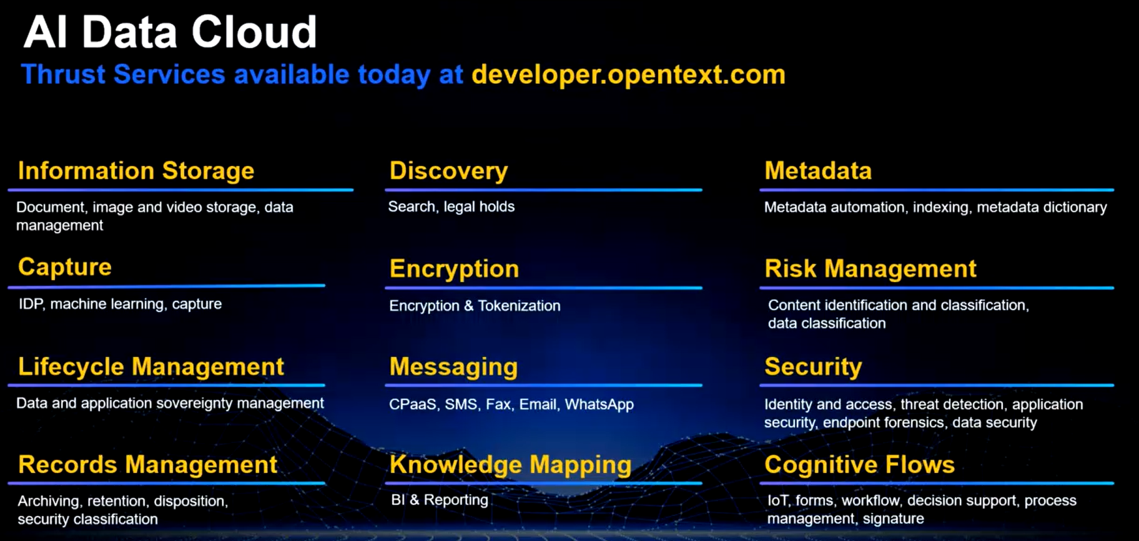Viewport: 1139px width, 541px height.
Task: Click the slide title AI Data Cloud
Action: point(170,32)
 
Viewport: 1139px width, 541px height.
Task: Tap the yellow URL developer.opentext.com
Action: point(628,75)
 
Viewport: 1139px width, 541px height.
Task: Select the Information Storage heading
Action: point(136,171)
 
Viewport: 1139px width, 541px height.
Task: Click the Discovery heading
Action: point(448,171)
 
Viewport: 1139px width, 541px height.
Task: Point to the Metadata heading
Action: point(818,170)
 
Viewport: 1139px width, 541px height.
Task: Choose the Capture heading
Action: point(65,267)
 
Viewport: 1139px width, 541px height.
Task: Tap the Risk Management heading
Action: point(870,269)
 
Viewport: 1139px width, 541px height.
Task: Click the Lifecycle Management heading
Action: point(151,367)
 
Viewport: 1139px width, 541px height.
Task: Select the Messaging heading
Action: point(453,367)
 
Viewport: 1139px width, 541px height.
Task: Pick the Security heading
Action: point(813,367)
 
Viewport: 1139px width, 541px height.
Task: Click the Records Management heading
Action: point(147,465)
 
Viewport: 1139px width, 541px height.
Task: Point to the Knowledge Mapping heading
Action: point(510,465)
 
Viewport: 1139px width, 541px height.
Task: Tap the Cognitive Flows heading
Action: point(860,465)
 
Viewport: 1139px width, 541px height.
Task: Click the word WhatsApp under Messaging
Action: point(599,404)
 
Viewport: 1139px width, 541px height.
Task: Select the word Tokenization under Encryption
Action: point(519,306)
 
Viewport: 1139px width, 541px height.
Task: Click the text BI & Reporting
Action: point(440,500)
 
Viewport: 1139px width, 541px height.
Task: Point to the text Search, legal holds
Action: point(451,207)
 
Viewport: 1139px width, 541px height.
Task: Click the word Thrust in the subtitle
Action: point(63,75)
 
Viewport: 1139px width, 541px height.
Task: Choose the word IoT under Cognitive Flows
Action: point(778,500)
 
